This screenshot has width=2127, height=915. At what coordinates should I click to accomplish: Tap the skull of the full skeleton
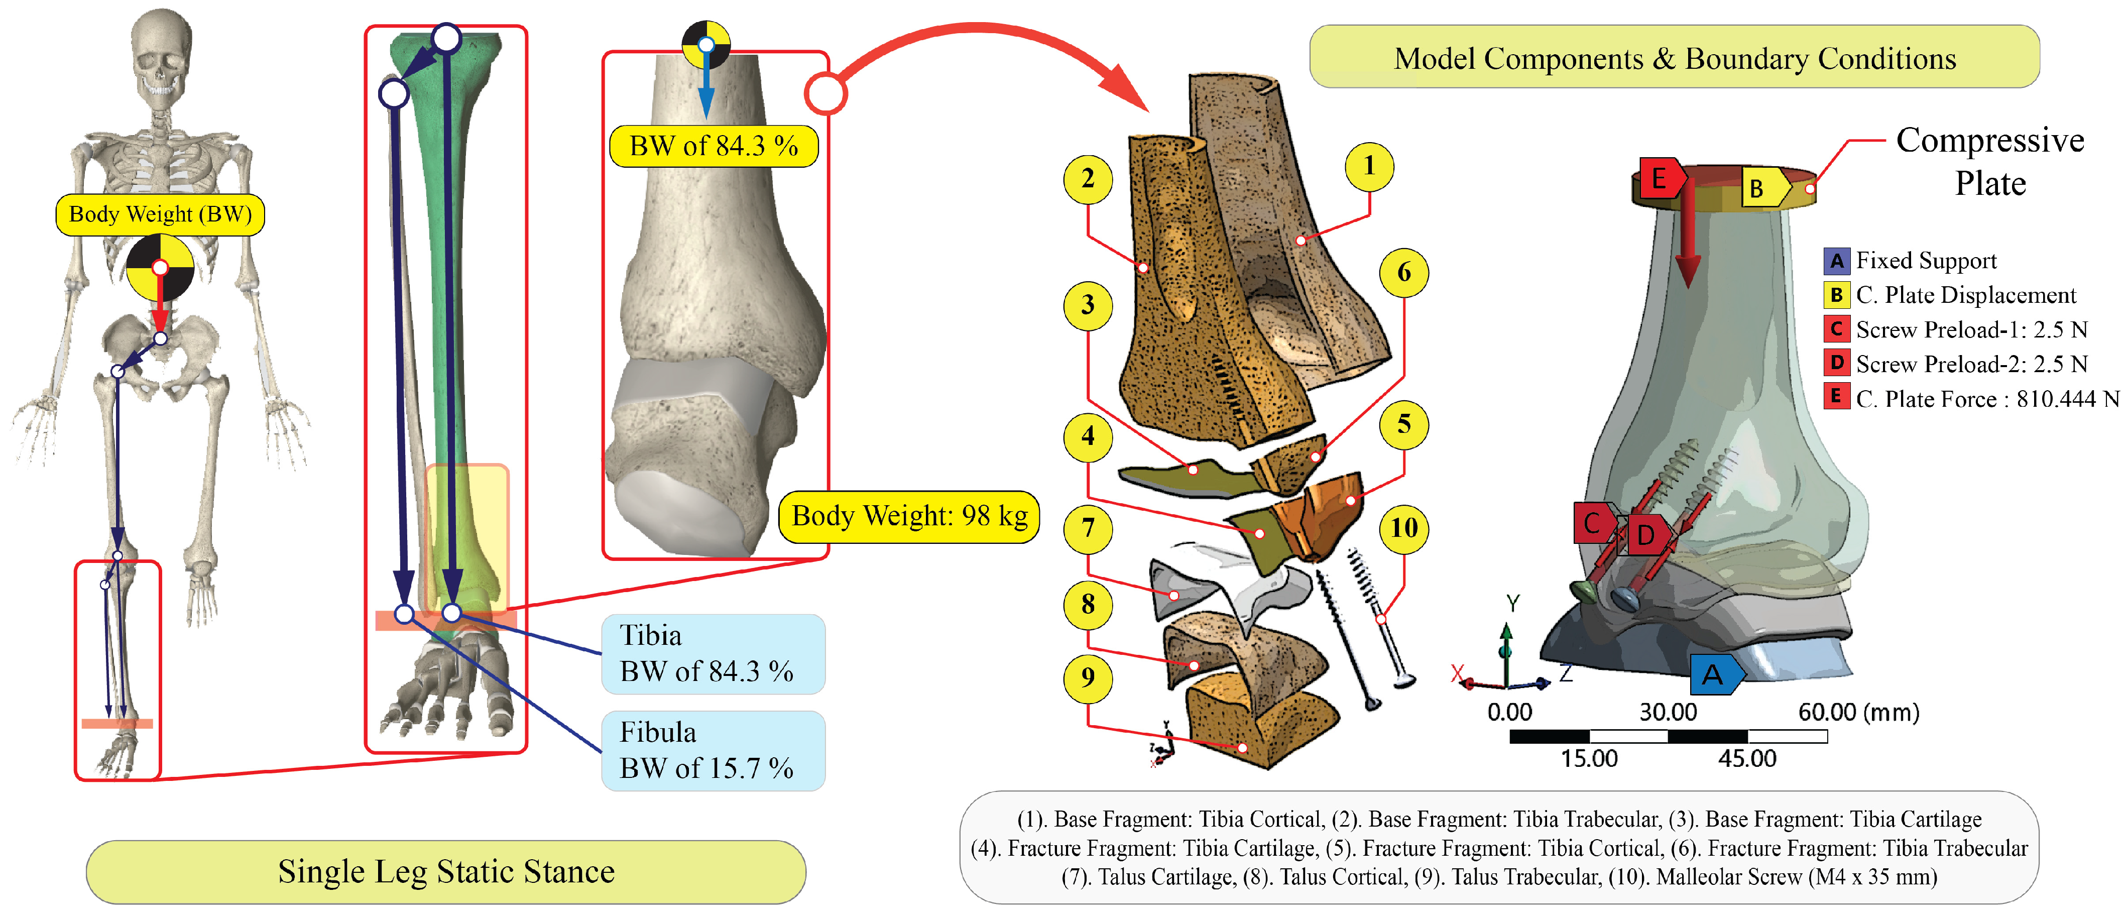pyautogui.click(x=162, y=54)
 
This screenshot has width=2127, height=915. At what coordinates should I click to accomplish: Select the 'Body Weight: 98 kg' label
pyautogui.click(x=909, y=516)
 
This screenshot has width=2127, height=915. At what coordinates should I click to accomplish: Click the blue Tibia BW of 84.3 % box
pyautogui.click(x=713, y=654)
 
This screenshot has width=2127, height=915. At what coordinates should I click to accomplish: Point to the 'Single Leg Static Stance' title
pyautogui.click(x=446, y=872)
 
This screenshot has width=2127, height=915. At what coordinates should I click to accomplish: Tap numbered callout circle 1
pyautogui.click(x=1369, y=166)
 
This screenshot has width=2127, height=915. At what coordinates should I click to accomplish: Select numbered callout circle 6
pyautogui.click(x=1403, y=273)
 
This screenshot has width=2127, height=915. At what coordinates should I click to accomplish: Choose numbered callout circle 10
pyautogui.click(x=1403, y=528)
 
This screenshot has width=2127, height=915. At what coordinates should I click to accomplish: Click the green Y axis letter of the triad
pyautogui.click(x=1513, y=604)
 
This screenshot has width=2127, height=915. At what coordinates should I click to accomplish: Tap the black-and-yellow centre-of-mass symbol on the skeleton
pyautogui.click(x=160, y=268)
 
